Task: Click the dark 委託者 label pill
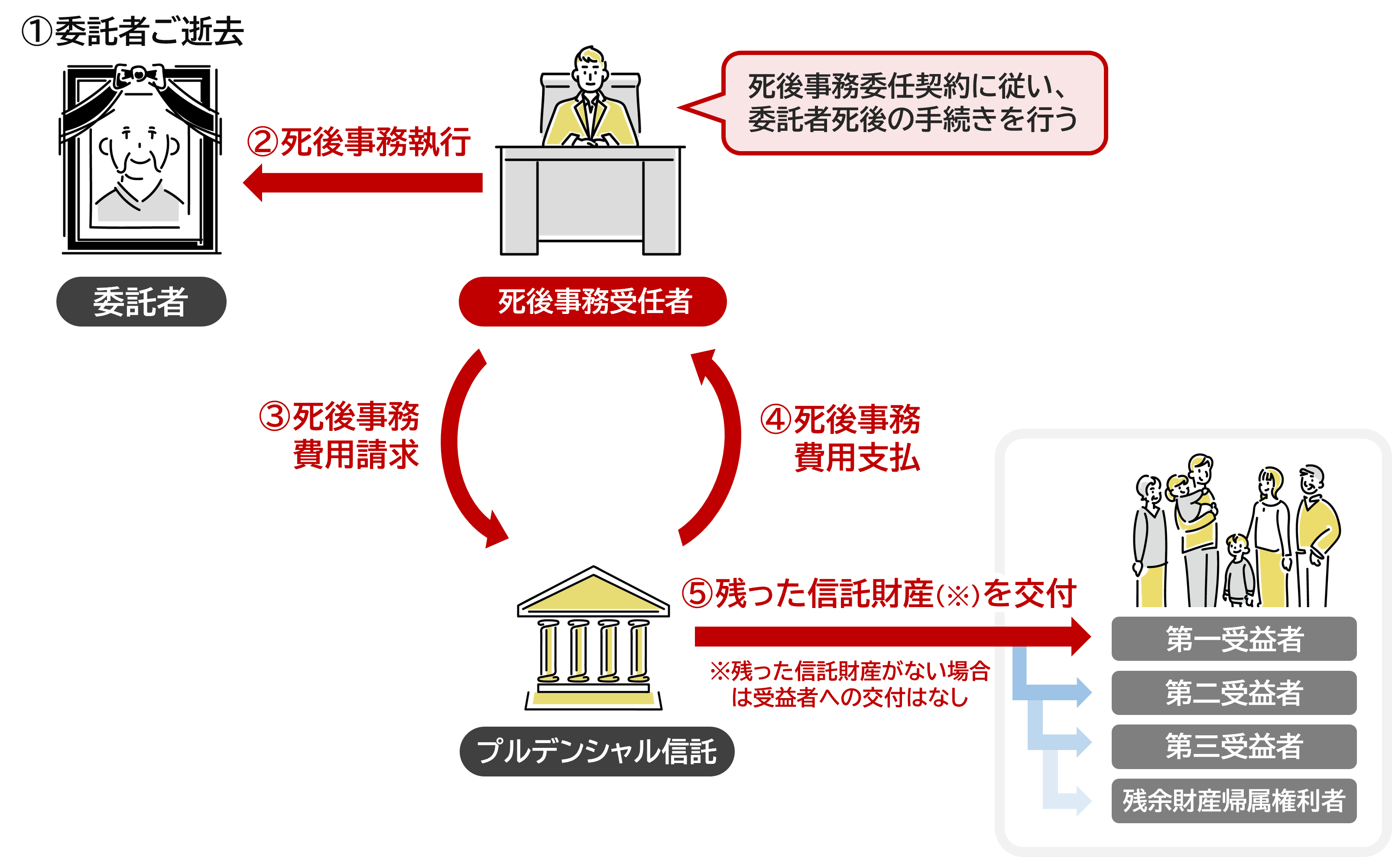[x=141, y=301]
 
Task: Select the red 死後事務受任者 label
[x=593, y=301]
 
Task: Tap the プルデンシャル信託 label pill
[x=597, y=752]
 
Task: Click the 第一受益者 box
[x=1234, y=639]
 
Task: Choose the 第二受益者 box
[x=1234, y=692]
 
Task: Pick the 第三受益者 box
[x=1234, y=747]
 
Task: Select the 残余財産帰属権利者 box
[x=1234, y=801]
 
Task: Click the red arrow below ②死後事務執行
[x=363, y=182]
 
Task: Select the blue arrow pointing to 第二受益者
[x=1055, y=692]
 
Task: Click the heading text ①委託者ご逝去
[x=133, y=31]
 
